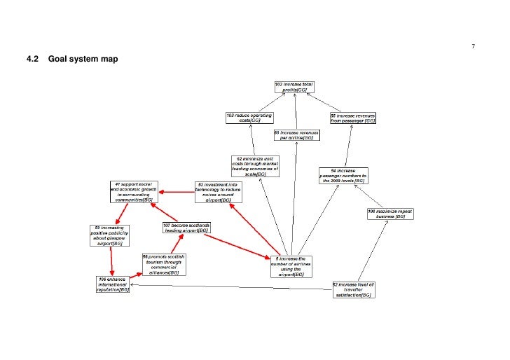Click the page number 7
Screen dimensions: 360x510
click(x=474, y=46)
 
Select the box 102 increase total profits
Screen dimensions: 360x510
click(x=294, y=87)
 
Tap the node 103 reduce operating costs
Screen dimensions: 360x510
click(x=249, y=118)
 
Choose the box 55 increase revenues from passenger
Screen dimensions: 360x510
click(x=353, y=118)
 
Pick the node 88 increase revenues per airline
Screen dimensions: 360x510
click(x=296, y=134)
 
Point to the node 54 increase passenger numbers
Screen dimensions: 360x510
click(x=343, y=175)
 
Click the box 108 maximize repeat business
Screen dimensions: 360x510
click(x=387, y=214)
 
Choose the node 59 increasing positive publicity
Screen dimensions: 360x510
click(x=109, y=235)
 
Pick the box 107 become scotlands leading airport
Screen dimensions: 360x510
click(x=186, y=228)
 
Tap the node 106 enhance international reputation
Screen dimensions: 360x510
click(x=113, y=285)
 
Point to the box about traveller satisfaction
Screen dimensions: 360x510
click(x=354, y=290)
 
